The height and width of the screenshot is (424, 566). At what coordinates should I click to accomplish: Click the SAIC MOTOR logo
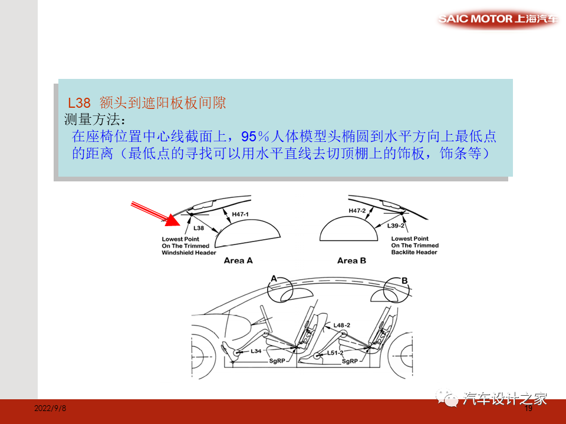498,19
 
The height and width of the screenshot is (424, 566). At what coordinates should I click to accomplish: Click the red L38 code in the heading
80,103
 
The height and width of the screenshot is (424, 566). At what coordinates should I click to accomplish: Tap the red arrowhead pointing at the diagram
172,220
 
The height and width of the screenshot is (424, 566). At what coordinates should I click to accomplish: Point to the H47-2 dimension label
357,210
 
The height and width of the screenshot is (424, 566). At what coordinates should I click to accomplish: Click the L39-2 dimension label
396,226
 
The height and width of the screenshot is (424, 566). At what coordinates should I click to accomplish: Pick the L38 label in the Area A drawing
199,227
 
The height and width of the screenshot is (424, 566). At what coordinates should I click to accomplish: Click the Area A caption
238,260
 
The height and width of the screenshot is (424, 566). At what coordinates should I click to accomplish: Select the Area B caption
351,260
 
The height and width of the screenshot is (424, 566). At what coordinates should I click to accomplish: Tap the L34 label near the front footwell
256,351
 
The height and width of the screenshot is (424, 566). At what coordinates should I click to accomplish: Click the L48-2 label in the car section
341,325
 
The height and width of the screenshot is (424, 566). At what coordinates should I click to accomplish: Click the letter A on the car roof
274,279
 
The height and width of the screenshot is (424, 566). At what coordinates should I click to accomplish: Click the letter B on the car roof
404,281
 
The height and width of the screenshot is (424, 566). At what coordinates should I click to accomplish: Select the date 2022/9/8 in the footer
50,408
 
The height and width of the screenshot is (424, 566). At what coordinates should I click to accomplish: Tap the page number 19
528,408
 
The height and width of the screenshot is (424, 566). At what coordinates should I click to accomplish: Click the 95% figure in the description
255,137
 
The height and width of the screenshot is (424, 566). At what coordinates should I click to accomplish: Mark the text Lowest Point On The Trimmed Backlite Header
415,246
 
